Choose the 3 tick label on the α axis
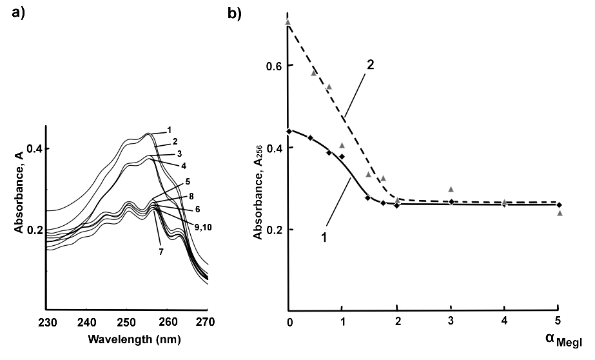point(451,321)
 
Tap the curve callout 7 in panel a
point(157,250)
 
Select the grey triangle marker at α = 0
point(288,22)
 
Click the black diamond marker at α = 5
point(559,205)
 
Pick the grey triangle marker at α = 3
point(451,189)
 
